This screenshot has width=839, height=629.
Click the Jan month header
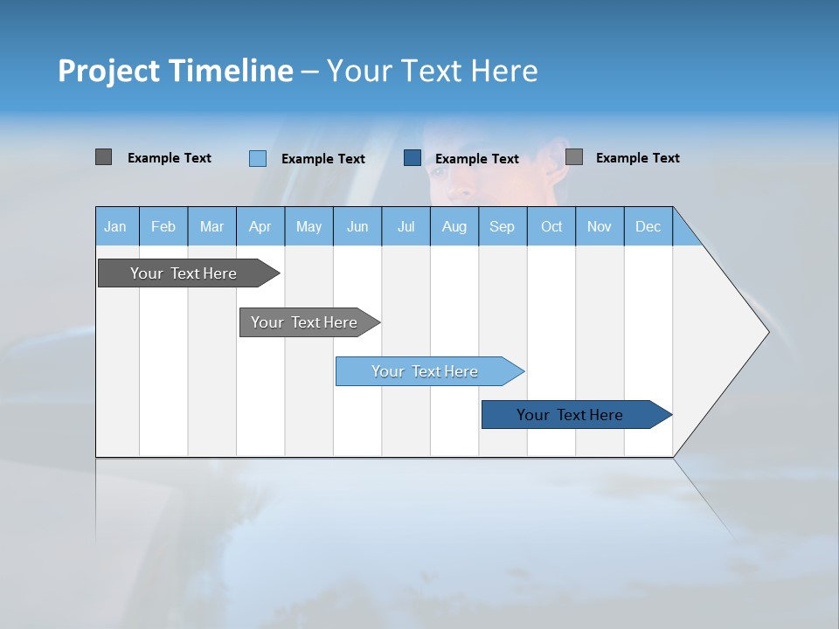(x=116, y=226)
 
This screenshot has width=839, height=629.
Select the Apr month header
(x=260, y=226)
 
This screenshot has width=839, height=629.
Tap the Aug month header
(x=454, y=226)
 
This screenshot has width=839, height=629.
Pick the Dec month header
(x=648, y=226)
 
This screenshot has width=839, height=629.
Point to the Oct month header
(x=551, y=226)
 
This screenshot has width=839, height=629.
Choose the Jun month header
(x=357, y=226)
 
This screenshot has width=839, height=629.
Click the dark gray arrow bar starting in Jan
(x=184, y=273)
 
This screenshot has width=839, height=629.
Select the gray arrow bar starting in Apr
(x=304, y=322)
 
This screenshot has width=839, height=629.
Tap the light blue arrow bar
(x=425, y=371)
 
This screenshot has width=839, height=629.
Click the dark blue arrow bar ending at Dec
(x=570, y=415)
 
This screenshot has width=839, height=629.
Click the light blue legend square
(x=258, y=158)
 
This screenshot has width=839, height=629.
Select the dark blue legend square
(x=413, y=158)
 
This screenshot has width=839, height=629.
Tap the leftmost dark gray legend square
(x=104, y=157)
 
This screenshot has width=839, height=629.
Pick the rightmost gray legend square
(x=574, y=157)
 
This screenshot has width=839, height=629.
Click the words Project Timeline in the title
(x=175, y=71)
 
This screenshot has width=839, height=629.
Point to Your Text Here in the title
(x=432, y=71)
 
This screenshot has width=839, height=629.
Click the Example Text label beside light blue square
(x=323, y=159)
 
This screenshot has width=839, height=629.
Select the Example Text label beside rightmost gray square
(x=638, y=158)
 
